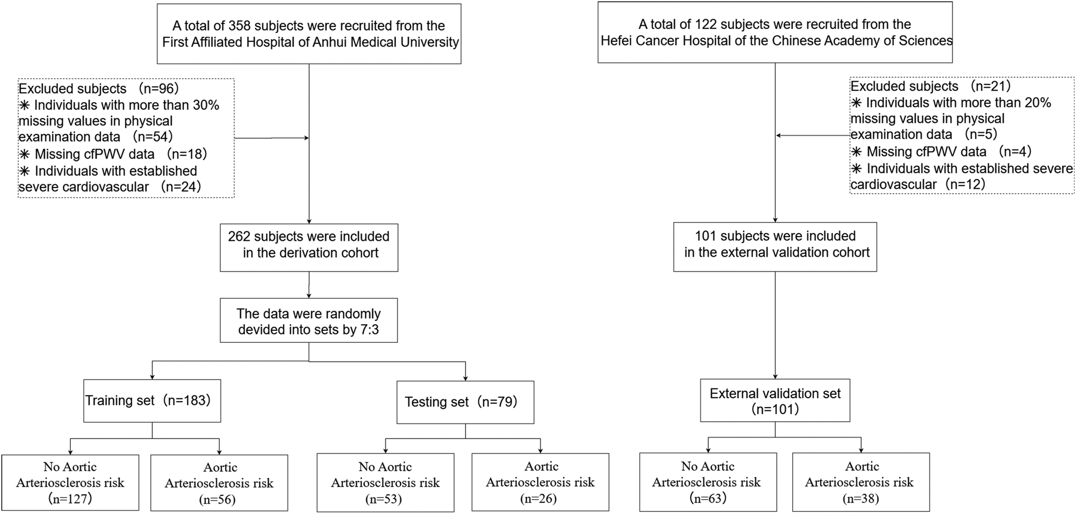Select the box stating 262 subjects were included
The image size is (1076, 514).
click(309, 247)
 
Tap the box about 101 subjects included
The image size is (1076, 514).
click(775, 246)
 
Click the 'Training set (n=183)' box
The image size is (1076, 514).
click(152, 400)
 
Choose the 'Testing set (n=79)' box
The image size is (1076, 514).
click(465, 402)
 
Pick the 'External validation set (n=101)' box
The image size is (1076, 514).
click(775, 400)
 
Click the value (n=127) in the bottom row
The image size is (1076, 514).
click(70, 499)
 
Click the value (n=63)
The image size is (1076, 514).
click(708, 498)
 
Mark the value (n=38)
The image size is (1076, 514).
click(861, 498)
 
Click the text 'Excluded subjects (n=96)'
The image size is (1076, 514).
click(99, 89)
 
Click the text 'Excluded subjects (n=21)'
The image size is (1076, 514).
click(931, 86)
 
